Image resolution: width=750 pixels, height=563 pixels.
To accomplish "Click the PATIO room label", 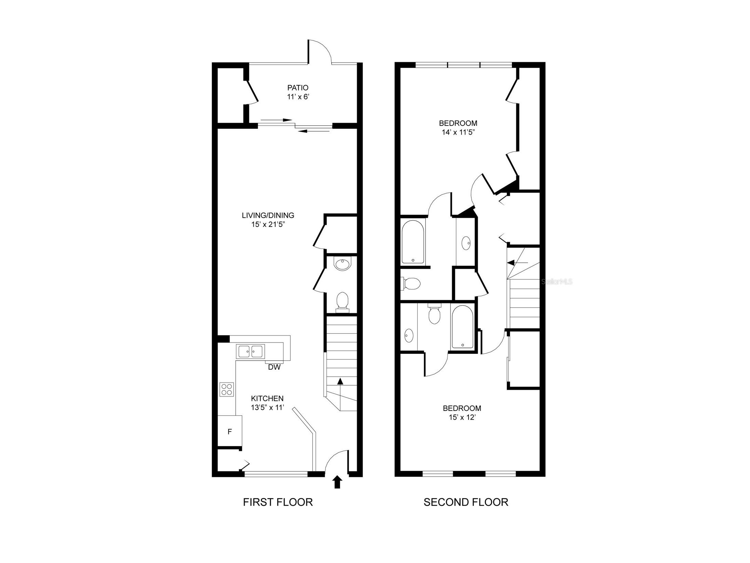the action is (x=298, y=88).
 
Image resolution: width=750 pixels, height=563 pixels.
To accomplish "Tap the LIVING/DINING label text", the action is (x=268, y=215).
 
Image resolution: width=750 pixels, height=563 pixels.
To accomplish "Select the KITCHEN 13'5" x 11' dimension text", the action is (x=267, y=407).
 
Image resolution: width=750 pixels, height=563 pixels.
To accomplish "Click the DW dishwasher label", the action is (x=274, y=367).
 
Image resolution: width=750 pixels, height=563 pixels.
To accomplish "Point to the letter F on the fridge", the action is (x=230, y=432).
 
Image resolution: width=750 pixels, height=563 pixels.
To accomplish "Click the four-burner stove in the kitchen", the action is (x=227, y=389).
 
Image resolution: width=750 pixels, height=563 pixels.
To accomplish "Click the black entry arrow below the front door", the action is (x=337, y=482).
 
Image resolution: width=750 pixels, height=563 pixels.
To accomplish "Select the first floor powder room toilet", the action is (x=342, y=302).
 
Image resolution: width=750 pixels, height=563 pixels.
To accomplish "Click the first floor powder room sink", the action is (x=342, y=265).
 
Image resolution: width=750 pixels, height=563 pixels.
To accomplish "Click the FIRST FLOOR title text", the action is (x=278, y=502).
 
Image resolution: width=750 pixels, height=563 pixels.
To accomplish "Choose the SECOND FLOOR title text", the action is (x=466, y=502).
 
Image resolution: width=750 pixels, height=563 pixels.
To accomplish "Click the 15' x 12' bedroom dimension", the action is (x=462, y=417).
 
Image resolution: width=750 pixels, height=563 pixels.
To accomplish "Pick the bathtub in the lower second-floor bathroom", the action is (x=462, y=327).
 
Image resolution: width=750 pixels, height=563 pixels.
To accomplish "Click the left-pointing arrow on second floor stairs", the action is (x=517, y=263).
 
